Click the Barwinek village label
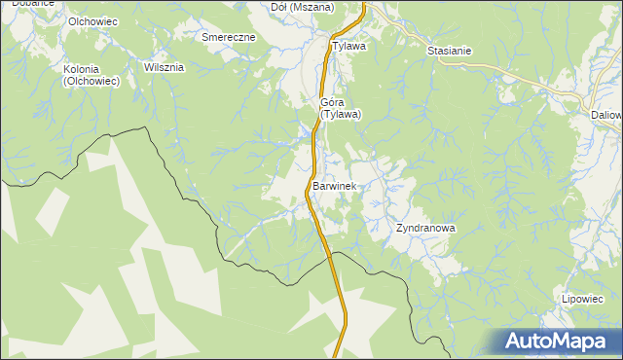pyautogui.click(x=338, y=186)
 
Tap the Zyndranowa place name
pyautogui.click(x=425, y=229)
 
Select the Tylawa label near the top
pyautogui.click(x=348, y=46)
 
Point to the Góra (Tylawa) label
pyautogui.click(x=341, y=108)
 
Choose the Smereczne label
pyautogui.click(x=229, y=37)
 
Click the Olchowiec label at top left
pyautogui.click(x=92, y=21)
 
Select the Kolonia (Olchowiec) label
pyautogui.click(x=91, y=76)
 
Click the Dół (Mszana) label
pyautogui.click(x=302, y=7)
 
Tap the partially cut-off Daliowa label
pyautogui.click(x=606, y=114)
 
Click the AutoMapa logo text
pyautogui.click(x=568, y=342)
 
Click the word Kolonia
pyautogui.click(x=90, y=69)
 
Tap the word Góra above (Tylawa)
pyautogui.click(x=334, y=101)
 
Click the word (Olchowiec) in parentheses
pyautogui.click(x=91, y=82)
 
